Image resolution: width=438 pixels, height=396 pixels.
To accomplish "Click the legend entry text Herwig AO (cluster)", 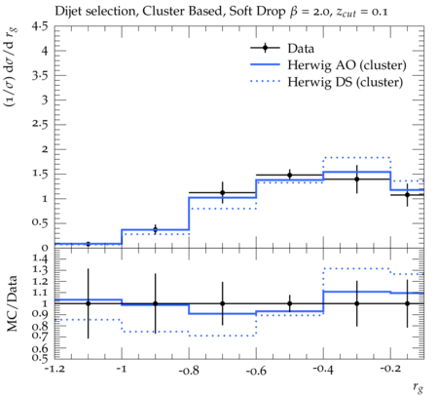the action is (x=347, y=65).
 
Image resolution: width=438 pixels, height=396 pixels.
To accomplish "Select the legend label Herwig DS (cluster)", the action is (x=346, y=82).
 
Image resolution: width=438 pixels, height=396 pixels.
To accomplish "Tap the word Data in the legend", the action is (x=301, y=49).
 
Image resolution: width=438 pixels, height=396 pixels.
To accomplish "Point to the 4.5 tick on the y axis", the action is (x=39, y=26).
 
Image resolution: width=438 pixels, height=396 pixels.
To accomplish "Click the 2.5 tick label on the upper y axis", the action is (x=39, y=125).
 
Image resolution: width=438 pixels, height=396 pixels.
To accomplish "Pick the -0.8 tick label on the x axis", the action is (x=189, y=371).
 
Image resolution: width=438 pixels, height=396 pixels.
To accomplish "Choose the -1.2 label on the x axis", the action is (x=55, y=369).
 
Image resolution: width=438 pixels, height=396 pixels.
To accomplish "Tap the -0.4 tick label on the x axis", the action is (x=323, y=370).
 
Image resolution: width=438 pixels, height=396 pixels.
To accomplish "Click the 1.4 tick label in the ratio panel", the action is (x=40, y=259).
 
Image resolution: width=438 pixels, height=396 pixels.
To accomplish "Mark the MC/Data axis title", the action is (x=12, y=303).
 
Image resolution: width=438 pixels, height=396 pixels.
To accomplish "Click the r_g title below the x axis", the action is (x=419, y=387).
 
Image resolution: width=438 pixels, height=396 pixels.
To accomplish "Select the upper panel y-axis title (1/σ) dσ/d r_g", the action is (x=11, y=67).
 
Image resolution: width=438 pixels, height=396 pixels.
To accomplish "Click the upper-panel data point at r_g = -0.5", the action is (x=290, y=176).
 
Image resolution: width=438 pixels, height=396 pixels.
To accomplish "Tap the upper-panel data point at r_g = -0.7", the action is (x=223, y=192).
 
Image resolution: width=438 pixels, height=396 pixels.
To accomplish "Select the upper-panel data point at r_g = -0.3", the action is (x=357, y=179).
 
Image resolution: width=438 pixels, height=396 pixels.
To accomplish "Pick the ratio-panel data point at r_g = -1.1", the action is (x=89, y=303).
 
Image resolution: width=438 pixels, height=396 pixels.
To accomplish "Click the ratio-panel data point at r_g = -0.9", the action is (x=155, y=303).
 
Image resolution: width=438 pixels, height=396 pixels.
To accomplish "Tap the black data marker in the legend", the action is (x=265, y=48).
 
